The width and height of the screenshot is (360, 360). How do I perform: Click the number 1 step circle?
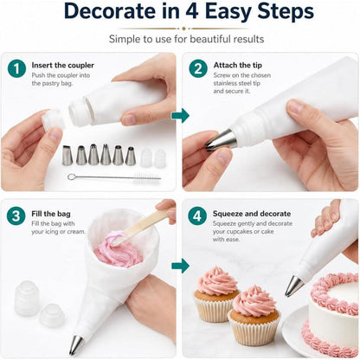coord(16,68)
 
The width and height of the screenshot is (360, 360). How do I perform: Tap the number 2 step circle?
coord(198,68)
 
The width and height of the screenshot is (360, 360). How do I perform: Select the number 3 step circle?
coord(16,215)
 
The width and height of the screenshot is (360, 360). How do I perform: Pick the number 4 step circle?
coord(197,215)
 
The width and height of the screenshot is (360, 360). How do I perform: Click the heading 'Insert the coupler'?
coord(63,65)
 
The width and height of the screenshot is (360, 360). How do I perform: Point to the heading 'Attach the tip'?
coord(238,65)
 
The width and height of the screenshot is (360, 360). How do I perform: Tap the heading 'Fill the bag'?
coord(51,214)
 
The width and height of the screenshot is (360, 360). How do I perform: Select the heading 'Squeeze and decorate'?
coord(252,214)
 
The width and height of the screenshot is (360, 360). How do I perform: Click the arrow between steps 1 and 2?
coord(180,116)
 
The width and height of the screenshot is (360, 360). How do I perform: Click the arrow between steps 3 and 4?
coord(180,266)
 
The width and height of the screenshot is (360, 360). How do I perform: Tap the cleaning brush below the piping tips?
coord(114,177)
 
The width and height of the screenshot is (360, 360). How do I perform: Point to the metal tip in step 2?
coord(222,140)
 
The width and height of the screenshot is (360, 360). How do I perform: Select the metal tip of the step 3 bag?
coord(75,345)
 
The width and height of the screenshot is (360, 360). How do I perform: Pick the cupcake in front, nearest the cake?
coord(254,315)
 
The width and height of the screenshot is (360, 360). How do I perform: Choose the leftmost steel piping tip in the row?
coord(67,155)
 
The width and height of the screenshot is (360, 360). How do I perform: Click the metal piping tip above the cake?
coord(293,286)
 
